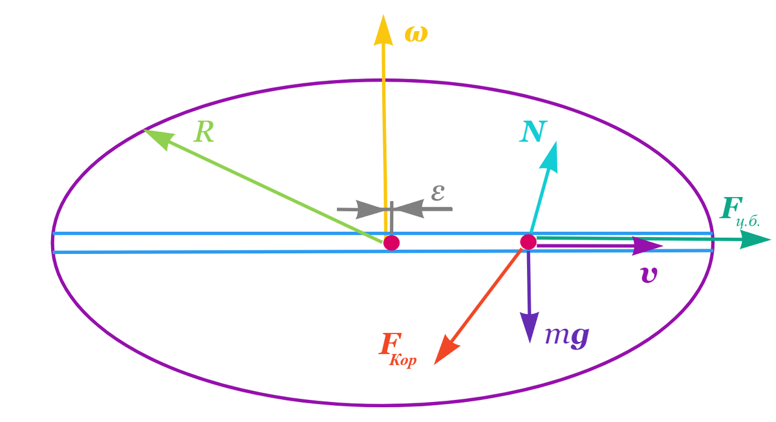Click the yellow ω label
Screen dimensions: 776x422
pos(416,35)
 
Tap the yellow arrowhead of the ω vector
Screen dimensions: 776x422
pos(383,30)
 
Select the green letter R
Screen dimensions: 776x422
pos(204,132)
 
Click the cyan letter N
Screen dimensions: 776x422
pos(533,132)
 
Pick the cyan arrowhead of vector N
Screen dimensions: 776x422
pos(550,158)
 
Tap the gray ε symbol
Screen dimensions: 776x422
pos(438,193)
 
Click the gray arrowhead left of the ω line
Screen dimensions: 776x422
pos(370,209)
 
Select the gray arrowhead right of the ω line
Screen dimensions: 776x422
pos(410,209)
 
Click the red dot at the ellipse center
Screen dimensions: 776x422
pos(391,243)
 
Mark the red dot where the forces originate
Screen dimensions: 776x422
pos(528,242)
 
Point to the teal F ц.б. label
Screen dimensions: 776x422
pos(739,212)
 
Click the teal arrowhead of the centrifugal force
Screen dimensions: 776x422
pos(755,240)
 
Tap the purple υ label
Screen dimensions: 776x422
pos(648,275)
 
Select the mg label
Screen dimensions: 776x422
pos(567,336)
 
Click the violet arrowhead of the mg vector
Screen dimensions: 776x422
pos(530,328)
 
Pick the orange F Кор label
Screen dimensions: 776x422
pos(397,350)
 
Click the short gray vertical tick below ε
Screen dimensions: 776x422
pos(391,217)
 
